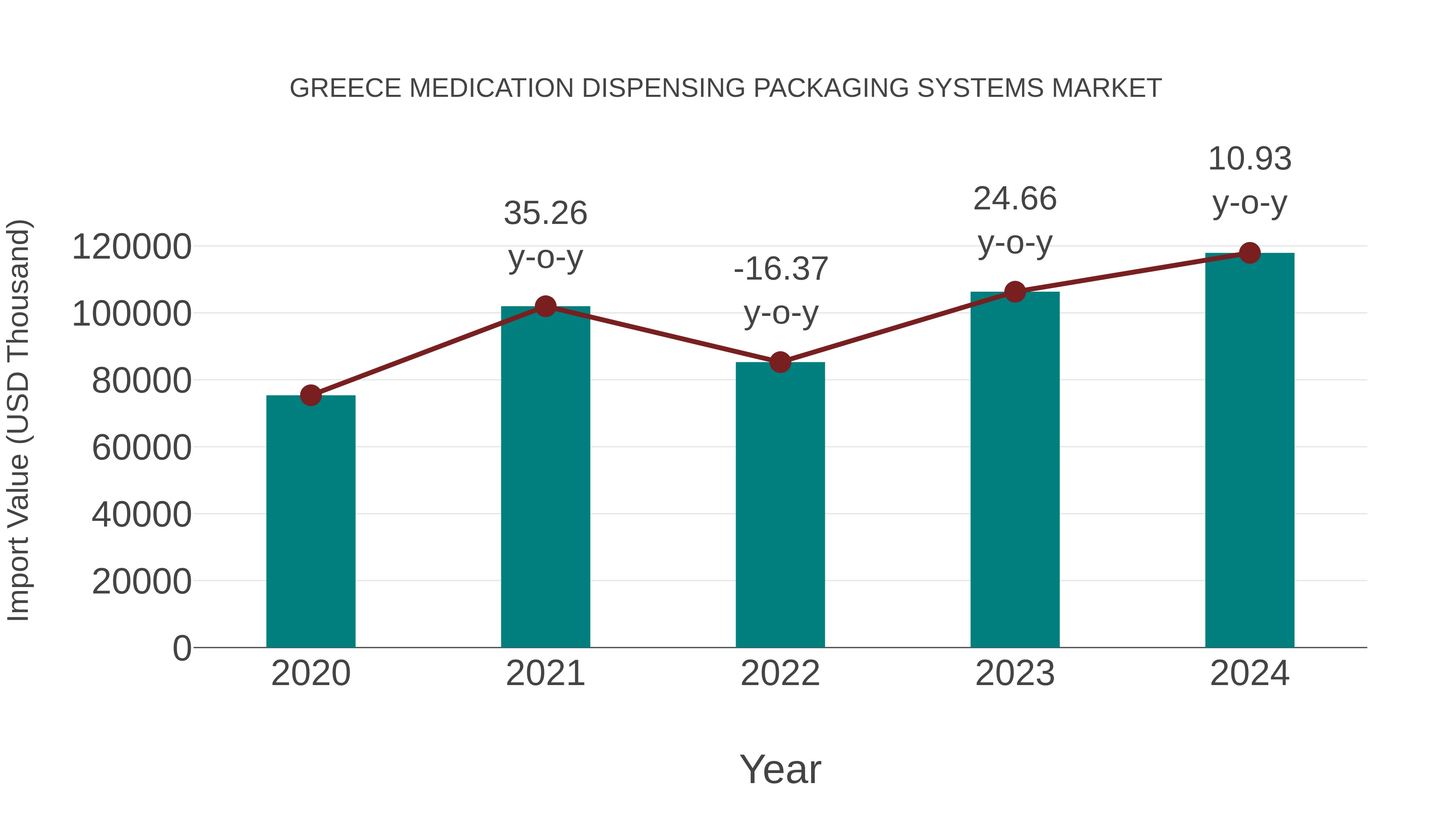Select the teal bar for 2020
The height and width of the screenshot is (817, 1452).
(311, 522)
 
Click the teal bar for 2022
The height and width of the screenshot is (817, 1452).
(780, 505)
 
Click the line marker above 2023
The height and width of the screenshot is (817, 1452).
(1015, 292)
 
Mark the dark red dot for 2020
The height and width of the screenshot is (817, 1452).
(311, 395)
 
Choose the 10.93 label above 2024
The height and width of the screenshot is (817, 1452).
(1250, 159)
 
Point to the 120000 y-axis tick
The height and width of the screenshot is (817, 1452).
(131, 247)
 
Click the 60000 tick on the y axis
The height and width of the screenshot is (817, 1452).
(142, 448)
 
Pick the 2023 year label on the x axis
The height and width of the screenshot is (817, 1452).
(1015, 673)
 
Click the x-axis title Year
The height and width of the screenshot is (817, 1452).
(780, 769)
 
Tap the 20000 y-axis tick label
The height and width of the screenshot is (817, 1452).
(142, 581)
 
